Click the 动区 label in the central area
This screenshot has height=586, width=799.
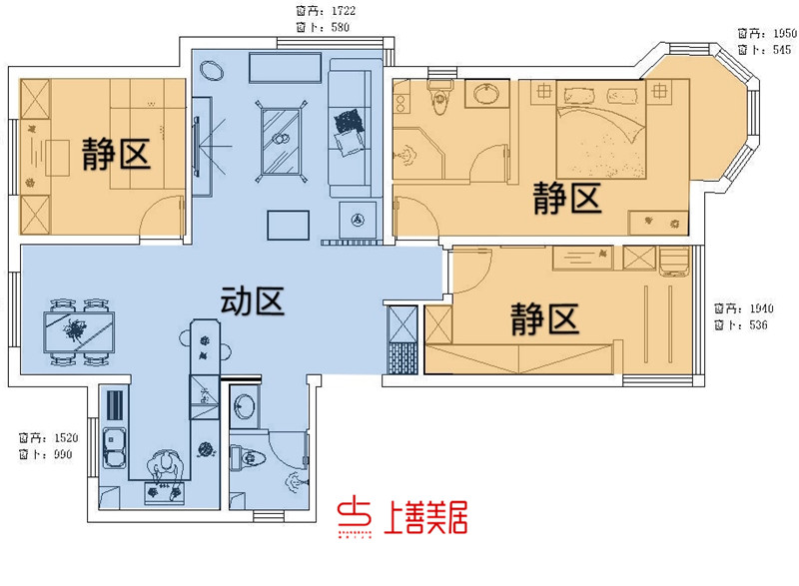(253, 300)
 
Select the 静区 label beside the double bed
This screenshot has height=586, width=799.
(566, 198)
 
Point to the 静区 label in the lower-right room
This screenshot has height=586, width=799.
(544, 320)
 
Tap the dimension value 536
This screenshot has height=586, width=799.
(760, 325)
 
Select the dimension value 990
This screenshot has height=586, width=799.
(63, 455)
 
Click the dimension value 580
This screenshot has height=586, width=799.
(340, 27)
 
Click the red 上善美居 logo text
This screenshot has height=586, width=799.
(425, 517)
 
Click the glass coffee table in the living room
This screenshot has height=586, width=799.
(283, 140)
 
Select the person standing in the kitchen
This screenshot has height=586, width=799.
(165, 468)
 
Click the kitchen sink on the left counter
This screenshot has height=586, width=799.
(113, 443)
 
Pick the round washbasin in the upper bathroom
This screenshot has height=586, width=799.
(486, 96)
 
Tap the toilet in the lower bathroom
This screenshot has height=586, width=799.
(250, 459)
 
